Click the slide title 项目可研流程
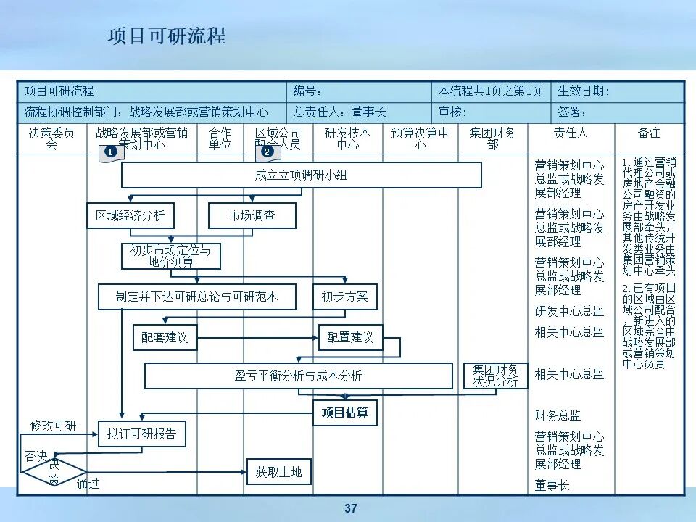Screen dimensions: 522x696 [167, 36]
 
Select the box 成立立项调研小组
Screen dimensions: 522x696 [301, 175]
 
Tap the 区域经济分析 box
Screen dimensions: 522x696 [130, 215]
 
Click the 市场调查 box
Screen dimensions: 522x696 [252, 215]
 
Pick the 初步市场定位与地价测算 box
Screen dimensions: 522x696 [171, 256]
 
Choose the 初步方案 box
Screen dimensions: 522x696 [345, 297]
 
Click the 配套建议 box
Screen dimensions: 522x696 [165, 337]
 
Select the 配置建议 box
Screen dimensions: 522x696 [350, 337]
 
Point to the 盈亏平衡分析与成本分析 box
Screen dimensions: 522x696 [298, 376]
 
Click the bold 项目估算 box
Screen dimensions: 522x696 [345, 413]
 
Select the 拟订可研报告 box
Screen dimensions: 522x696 [141, 434]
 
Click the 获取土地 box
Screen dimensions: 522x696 [278, 472]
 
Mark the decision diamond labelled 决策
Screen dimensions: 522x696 [54, 471]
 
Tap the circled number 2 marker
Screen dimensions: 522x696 [267, 152]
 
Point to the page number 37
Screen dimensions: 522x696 [351, 508]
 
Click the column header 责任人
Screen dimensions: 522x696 [571, 133]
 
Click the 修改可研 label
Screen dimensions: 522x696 [53, 425]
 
